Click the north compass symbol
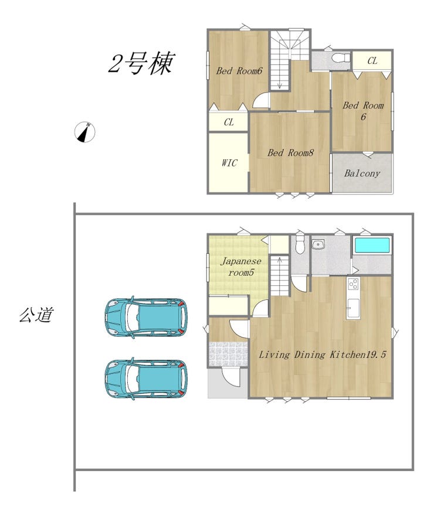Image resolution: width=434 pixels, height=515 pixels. click(x=84, y=132)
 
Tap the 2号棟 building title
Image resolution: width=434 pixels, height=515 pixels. click(x=141, y=63)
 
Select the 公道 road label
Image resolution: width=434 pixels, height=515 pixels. click(x=36, y=315)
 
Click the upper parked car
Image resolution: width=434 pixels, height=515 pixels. click(x=146, y=318)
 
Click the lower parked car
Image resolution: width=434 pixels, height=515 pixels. click(x=146, y=378)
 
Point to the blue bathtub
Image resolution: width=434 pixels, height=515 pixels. click(x=372, y=245)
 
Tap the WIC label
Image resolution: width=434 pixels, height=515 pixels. click(x=229, y=163)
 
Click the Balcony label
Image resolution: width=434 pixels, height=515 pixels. click(x=362, y=173)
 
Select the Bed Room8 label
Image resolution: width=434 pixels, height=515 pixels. click(x=290, y=153)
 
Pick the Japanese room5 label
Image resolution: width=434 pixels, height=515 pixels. click(x=241, y=267)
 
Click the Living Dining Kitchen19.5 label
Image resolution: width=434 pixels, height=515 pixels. click(x=322, y=354)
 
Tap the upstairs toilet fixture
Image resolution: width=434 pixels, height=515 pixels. click(x=341, y=58)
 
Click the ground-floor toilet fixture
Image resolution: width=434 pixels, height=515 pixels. click(x=300, y=244)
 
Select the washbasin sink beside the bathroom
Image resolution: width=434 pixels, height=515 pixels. click(x=318, y=245)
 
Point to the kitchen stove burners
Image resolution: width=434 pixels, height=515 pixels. click(x=354, y=284)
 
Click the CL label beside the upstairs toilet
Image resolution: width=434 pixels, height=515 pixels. click(x=372, y=61)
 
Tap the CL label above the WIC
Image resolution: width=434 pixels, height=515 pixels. click(x=229, y=122)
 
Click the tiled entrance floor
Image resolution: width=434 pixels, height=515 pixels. click(x=228, y=354)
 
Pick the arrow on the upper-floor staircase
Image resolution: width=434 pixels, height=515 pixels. click(x=280, y=81)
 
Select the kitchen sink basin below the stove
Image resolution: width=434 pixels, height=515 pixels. click(x=354, y=308)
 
